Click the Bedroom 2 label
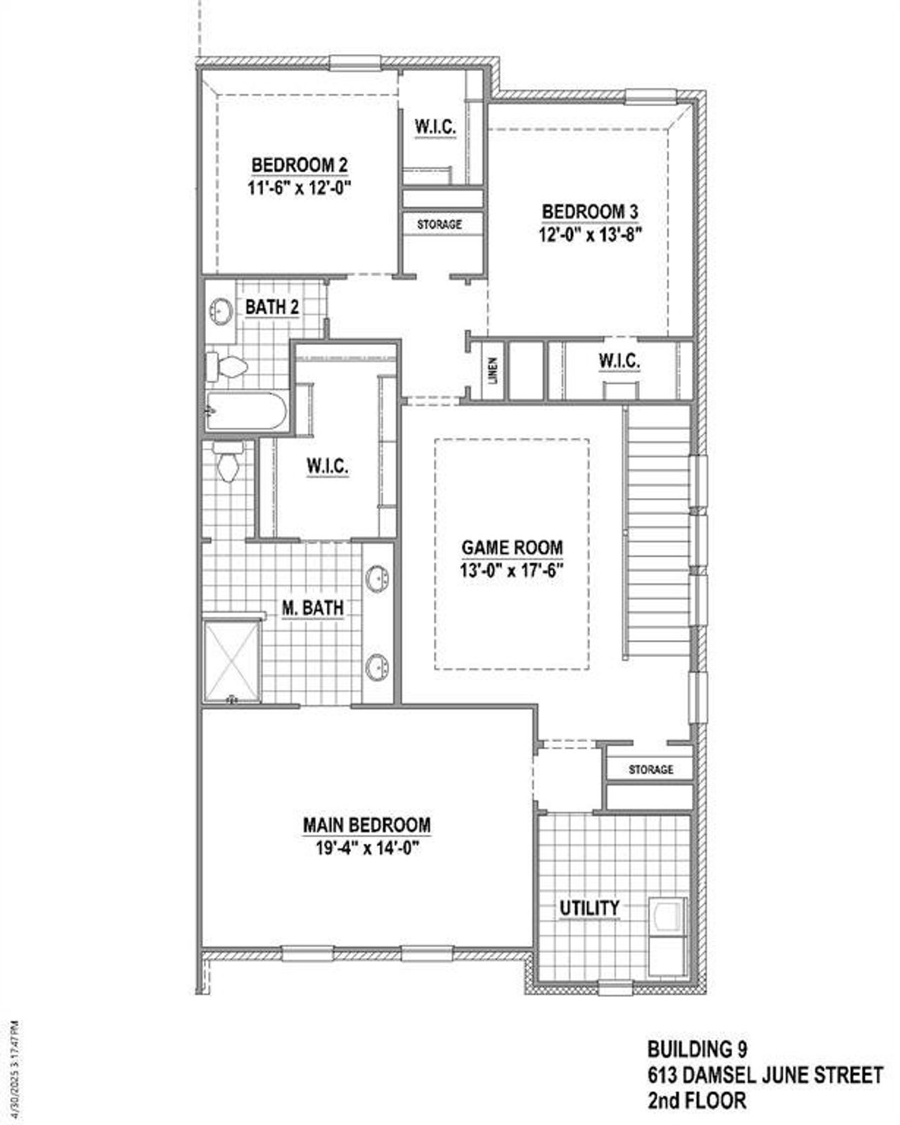(x=299, y=165)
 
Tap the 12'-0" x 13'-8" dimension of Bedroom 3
(x=591, y=234)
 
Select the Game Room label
(x=512, y=547)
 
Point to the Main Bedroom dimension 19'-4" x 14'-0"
(x=367, y=848)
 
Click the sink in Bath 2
(x=221, y=311)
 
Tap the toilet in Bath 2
(x=226, y=367)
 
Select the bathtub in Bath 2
(x=246, y=410)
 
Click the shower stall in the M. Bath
(x=232, y=661)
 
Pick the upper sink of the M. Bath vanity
(x=378, y=579)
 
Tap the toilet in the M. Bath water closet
(x=228, y=464)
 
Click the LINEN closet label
(x=493, y=370)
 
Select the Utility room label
(x=589, y=908)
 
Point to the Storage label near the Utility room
(x=650, y=769)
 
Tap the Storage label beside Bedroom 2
(x=439, y=224)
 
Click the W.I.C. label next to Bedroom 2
(x=435, y=127)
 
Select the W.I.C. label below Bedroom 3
(x=619, y=361)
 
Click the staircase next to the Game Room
(x=657, y=534)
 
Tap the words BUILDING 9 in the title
(x=697, y=1049)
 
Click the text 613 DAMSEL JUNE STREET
(x=764, y=1075)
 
